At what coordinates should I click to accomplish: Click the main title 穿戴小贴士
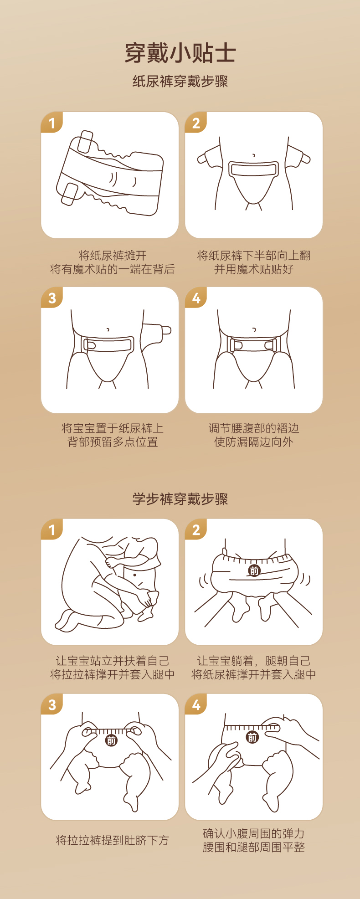(180, 53)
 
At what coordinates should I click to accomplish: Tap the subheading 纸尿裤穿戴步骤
(180, 82)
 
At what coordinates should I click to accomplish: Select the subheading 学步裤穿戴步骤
(180, 499)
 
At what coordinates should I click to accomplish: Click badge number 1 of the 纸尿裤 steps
(51, 123)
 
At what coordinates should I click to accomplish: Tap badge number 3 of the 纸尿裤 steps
(51, 298)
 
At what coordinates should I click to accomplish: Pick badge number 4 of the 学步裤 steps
(196, 705)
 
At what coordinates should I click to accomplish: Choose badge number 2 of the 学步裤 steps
(196, 530)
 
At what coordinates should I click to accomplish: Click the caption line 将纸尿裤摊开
(112, 256)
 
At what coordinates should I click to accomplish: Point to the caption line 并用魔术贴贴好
(254, 269)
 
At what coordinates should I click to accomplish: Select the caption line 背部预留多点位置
(112, 442)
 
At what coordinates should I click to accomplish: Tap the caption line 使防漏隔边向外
(254, 442)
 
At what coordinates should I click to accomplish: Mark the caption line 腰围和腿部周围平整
(254, 848)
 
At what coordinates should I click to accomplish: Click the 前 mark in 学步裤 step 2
(254, 570)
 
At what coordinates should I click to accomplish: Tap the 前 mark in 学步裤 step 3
(111, 740)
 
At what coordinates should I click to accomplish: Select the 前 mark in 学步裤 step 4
(252, 737)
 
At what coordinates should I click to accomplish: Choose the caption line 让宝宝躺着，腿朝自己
(254, 661)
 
